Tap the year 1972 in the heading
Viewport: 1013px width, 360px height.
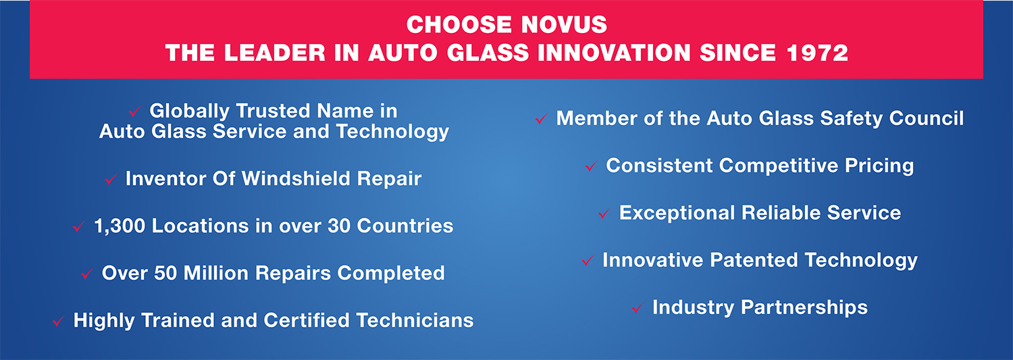pos(817,53)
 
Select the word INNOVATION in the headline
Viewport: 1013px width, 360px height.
pos(614,53)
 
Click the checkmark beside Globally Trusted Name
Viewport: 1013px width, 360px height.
pos(134,111)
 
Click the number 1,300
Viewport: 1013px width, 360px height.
pos(120,226)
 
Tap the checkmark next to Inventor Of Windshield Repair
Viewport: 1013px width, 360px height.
pos(110,179)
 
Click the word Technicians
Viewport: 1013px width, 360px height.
pos(415,320)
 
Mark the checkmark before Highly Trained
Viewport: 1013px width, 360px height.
pos(58,321)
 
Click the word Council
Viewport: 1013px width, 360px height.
pos(926,118)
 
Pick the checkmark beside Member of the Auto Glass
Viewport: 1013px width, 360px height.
pos(542,119)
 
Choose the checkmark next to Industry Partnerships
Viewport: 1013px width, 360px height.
pos(638,308)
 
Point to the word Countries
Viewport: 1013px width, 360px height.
pos(405,226)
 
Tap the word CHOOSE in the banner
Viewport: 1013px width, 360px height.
pos(459,24)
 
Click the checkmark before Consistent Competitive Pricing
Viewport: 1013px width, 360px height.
pos(591,166)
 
